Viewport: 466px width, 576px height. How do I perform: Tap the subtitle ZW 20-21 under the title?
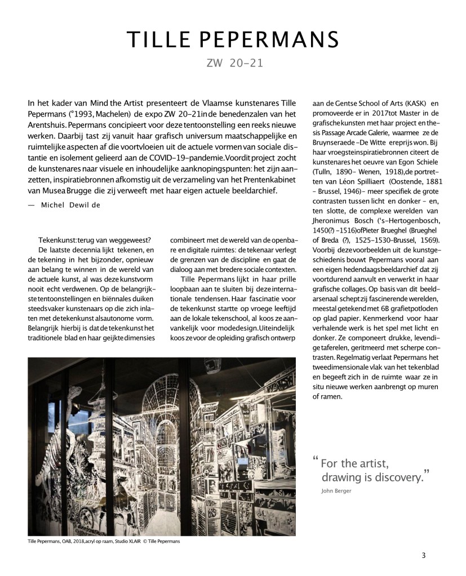[233, 64]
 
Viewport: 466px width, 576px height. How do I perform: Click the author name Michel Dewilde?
[70, 206]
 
